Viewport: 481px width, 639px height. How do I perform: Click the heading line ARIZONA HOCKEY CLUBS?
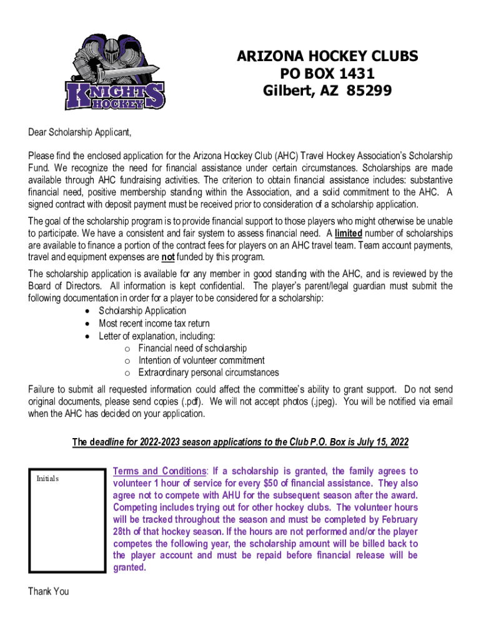327,57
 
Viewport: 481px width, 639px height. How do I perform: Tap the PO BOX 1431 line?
327,74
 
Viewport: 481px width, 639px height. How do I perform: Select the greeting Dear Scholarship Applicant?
80,133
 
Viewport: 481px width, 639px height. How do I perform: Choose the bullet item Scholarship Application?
142,311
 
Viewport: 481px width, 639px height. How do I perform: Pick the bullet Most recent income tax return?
154,323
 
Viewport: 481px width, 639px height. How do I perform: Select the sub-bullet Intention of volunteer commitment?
201,361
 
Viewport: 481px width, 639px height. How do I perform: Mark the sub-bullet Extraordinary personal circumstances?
209,373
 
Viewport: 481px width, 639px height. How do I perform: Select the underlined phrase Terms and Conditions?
159,471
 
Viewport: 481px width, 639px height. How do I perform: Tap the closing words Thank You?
48,592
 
